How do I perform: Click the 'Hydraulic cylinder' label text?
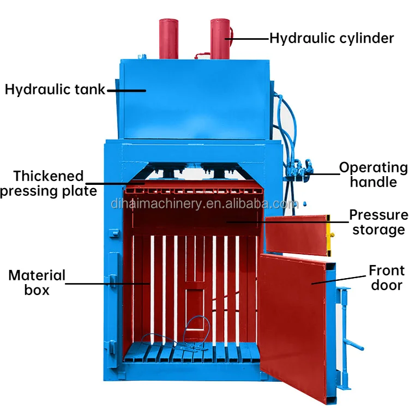(332, 38)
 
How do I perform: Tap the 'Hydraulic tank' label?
(55, 89)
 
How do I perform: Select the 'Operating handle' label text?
(373, 175)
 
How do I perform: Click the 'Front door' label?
(387, 277)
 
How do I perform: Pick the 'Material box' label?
(37, 282)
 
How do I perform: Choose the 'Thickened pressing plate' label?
(49, 183)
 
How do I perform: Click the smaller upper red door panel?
(294, 234)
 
